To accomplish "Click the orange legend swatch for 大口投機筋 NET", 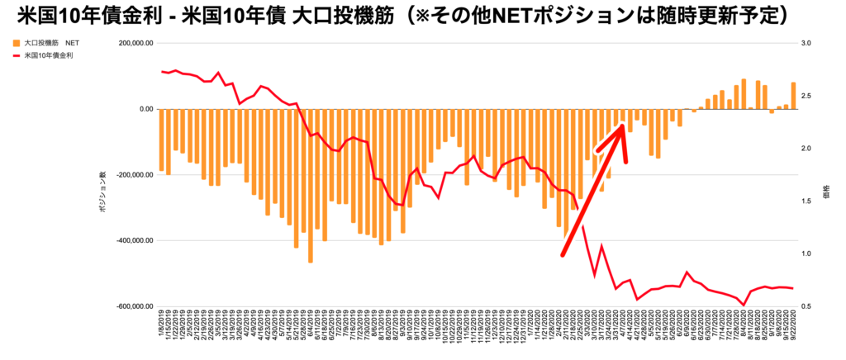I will coord(17,42).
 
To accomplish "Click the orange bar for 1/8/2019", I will coord(162,140).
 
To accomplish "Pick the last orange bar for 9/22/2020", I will coord(794,96).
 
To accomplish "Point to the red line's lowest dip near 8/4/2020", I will coord(744,305).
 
